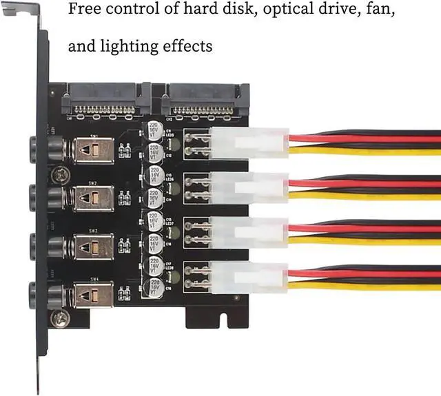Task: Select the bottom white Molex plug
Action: coord(249,277)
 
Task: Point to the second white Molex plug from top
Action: coord(249,187)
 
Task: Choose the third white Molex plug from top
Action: coord(249,232)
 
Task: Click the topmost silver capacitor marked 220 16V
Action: coord(155,131)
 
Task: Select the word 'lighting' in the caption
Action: coord(141,47)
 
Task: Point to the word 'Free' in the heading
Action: coord(84,11)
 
